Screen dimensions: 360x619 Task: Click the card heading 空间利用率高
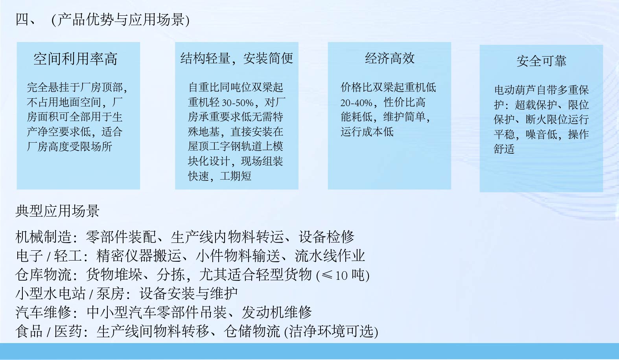pyautogui.click(x=76, y=59)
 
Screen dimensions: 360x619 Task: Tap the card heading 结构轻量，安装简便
pyautogui.click(x=237, y=59)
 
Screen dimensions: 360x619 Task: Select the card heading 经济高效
pyautogui.click(x=390, y=59)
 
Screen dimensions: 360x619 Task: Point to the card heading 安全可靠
pyautogui.click(x=542, y=61)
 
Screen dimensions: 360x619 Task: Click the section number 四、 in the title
pyautogui.click(x=26, y=20)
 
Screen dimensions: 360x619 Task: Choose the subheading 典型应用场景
pyautogui.click(x=57, y=211)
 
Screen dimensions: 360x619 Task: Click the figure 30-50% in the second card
pyautogui.click(x=238, y=103)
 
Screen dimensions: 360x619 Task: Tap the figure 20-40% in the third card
pyautogui.click(x=356, y=103)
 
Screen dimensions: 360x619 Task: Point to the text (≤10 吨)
pyautogui.click(x=343, y=275)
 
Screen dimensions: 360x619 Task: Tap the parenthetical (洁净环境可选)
pyautogui.click(x=331, y=332)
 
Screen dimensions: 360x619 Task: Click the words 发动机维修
pyautogui.click(x=276, y=312)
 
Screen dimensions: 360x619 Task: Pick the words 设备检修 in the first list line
pyautogui.click(x=326, y=237)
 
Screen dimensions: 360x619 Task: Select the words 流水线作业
pyautogui.click(x=330, y=256)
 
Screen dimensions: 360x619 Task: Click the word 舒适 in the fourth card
pyautogui.click(x=504, y=149)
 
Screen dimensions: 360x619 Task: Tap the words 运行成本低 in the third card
pyautogui.click(x=367, y=132)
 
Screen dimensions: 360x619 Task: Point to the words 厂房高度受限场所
pyautogui.click(x=70, y=147)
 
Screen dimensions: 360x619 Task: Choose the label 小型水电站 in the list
pyautogui.click(x=50, y=294)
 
